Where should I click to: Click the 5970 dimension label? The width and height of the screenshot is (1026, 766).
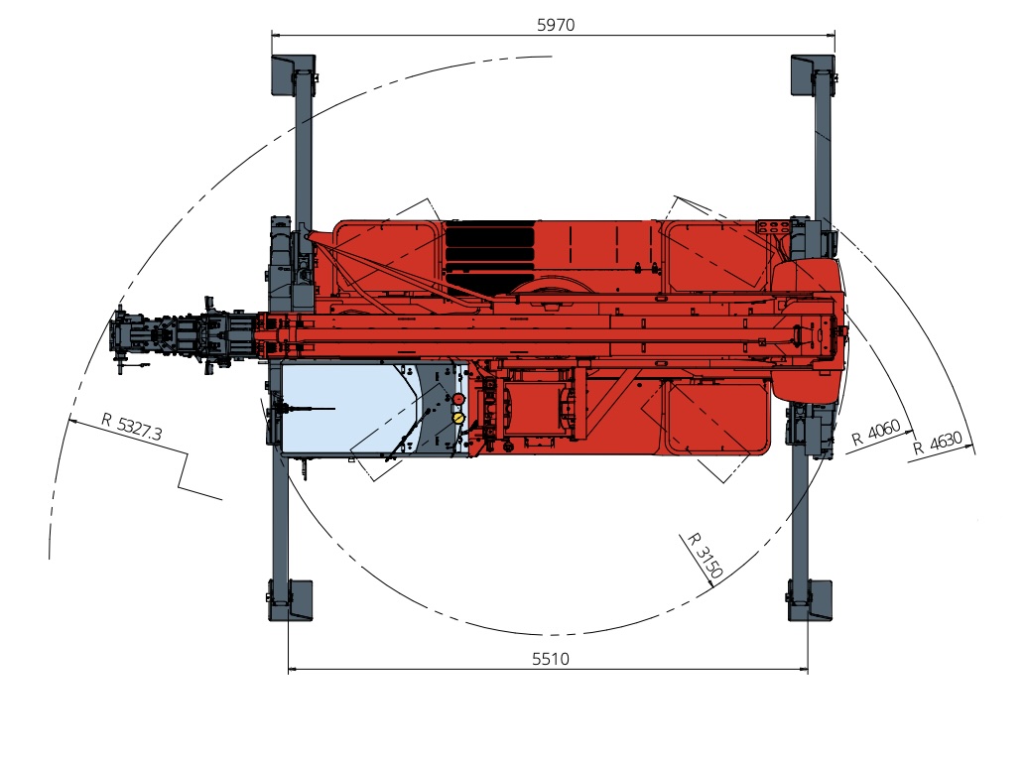tap(556, 25)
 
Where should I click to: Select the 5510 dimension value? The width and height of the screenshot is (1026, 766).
tap(551, 659)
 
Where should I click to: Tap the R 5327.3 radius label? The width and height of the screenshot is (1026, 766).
tap(132, 427)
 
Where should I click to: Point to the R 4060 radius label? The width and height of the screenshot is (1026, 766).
tap(876, 433)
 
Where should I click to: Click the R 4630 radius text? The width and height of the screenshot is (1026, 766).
tap(938, 443)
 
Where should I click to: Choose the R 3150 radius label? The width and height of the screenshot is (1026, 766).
tap(705, 556)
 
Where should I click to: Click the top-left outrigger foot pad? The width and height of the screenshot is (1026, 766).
tap(293, 75)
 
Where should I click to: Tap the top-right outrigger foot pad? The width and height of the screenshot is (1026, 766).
tap(813, 75)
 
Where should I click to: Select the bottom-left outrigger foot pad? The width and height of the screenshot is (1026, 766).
tap(291, 600)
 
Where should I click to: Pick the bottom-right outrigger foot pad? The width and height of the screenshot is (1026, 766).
tap(810, 600)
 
